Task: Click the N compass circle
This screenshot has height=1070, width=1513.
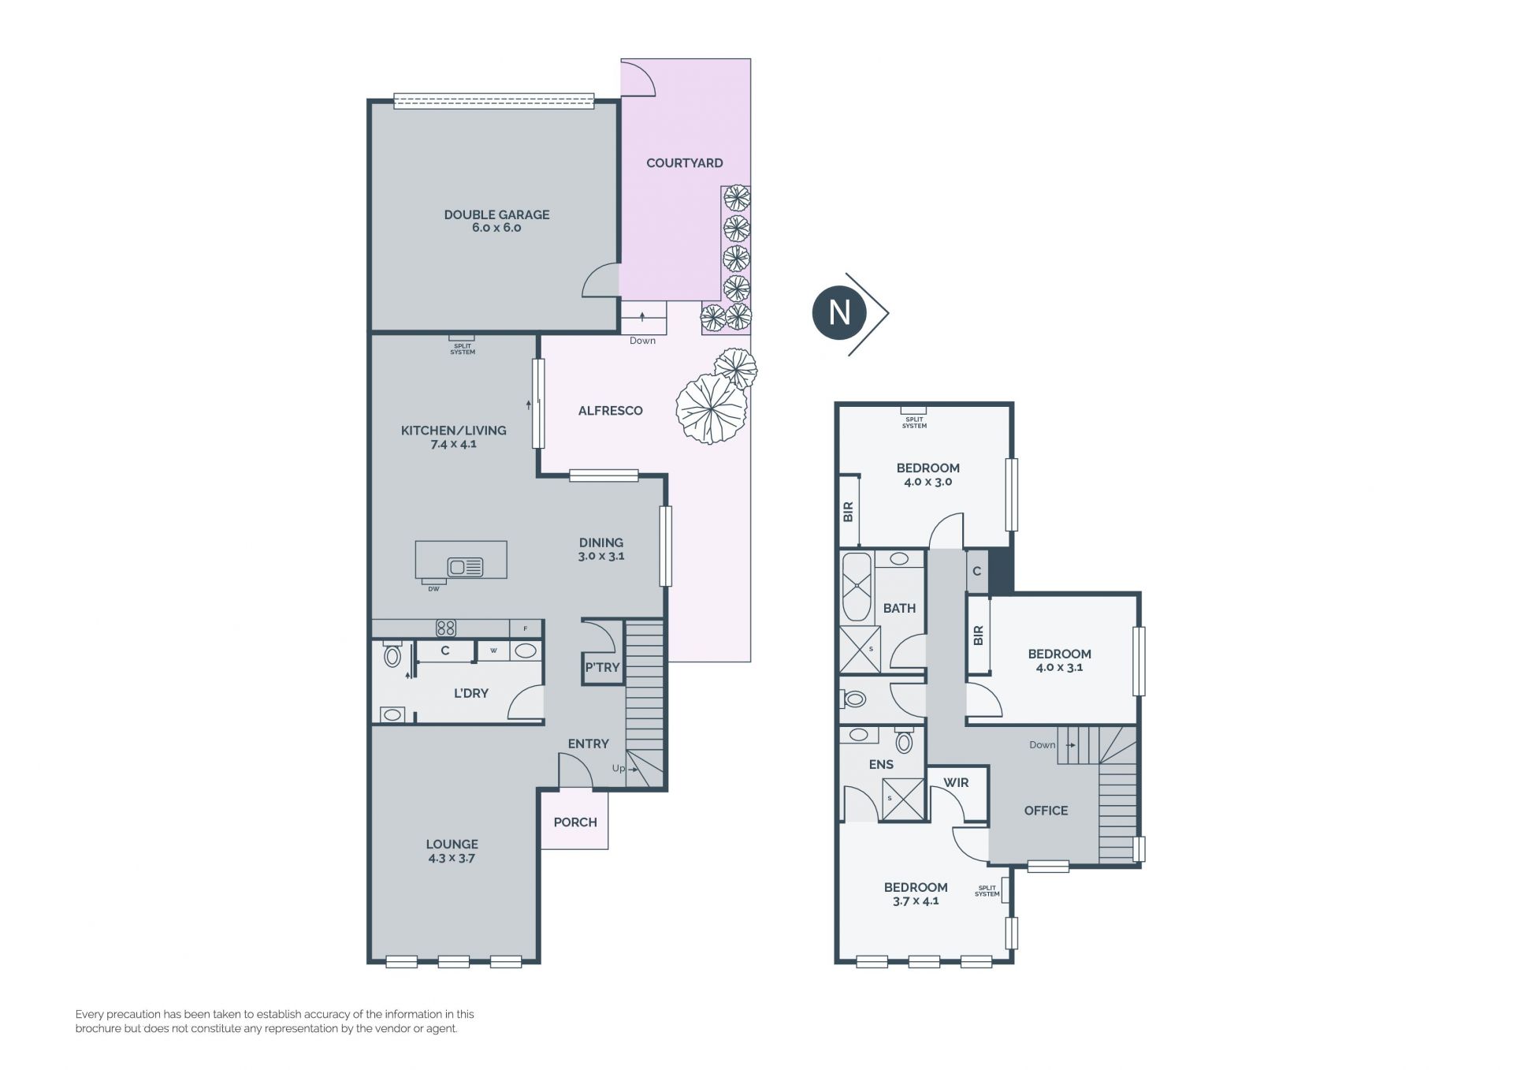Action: coord(839,313)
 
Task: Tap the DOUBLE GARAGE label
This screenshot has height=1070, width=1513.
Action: coord(496,214)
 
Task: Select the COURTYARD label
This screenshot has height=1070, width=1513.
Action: coord(685,163)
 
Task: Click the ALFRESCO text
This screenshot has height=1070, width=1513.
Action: coord(611,411)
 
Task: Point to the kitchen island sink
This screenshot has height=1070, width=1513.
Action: coord(465,567)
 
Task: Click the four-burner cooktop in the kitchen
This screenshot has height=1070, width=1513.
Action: coord(446,628)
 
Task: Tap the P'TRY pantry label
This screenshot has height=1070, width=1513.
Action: coord(602,668)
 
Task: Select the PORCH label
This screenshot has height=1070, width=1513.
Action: coord(575,822)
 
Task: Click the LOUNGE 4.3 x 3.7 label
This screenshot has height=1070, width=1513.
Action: coord(452,851)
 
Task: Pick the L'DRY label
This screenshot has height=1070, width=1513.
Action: coord(471,694)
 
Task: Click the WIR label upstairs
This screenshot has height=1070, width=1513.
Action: coord(956,783)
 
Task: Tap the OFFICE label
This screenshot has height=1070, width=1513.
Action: coord(1046,811)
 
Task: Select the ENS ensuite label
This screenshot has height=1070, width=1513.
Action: coord(881,765)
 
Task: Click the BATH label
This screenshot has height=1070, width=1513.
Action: coord(899,609)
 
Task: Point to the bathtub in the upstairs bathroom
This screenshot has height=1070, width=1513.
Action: coord(857,587)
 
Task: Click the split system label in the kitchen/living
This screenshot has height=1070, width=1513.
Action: coord(463,349)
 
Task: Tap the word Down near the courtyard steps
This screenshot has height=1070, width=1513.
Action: coord(642,341)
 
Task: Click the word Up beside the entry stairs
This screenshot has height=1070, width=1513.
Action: coord(619,769)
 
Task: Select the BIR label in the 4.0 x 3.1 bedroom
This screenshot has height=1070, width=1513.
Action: coord(979,636)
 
